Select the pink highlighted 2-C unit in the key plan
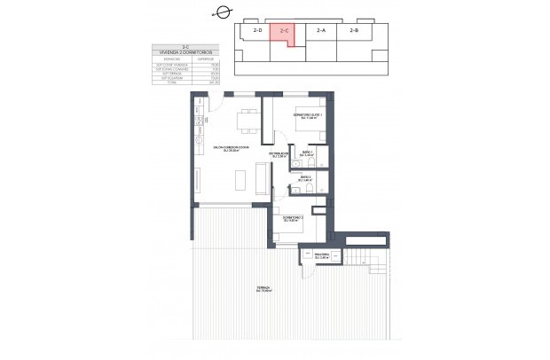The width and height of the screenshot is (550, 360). pyautogui.click(x=283, y=34)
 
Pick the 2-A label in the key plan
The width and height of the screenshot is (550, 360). pyautogui.click(x=320, y=31)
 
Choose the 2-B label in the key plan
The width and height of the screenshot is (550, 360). pyautogui.click(x=354, y=31)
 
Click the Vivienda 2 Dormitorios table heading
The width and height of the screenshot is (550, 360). pyautogui.click(x=183, y=53)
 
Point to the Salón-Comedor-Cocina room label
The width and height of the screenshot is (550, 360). pyautogui.click(x=231, y=149)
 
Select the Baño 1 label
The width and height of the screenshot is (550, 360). pyautogui.click(x=307, y=154)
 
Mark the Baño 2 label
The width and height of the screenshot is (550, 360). pyautogui.click(x=304, y=179)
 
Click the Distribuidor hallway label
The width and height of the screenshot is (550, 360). pyautogui.click(x=279, y=156)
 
